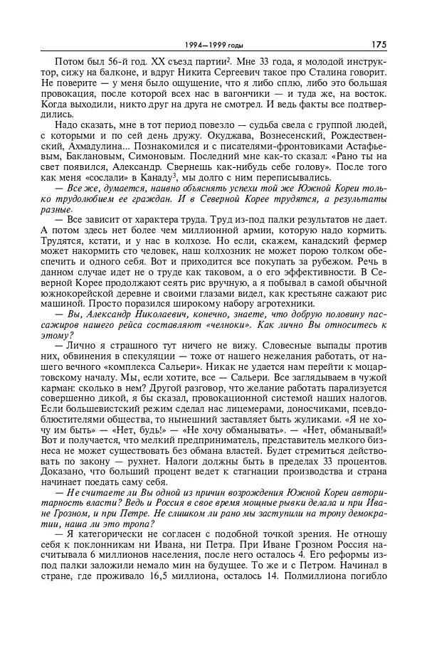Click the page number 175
pos(378,44)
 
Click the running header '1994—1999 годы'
pos(206,45)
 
